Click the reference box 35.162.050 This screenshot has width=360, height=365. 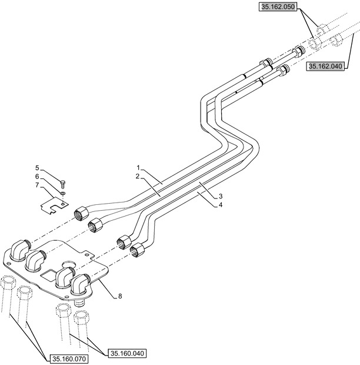pyautogui.click(x=278, y=7)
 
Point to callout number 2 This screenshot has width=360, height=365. pyautogui.click(x=137, y=177)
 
